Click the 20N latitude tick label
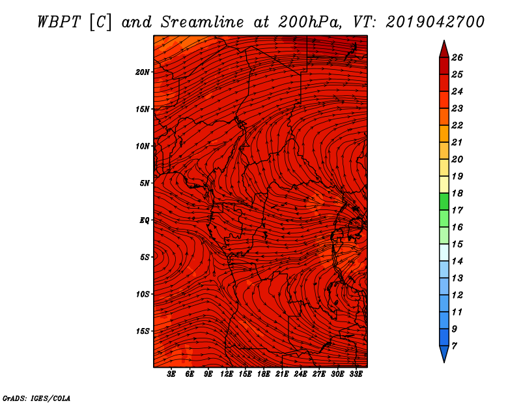point(143,72)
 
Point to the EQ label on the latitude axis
point(144,220)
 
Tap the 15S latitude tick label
point(143,331)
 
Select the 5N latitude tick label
point(145,183)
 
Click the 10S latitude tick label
point(143,294)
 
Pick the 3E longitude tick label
point(171,374)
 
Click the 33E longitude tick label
point(356,374)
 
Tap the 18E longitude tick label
point(264,374)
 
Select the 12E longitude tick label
point(227,374)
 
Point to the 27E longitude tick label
point(319,374)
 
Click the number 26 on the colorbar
point(457,57)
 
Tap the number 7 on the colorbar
point(454,346)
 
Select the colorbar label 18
point(457,193)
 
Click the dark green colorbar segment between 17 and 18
point(444,201)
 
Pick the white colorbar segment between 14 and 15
point(444,252)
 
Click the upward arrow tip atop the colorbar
point(444,41)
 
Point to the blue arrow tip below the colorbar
point(444,362)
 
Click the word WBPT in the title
point(59,22)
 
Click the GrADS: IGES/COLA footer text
point(36,398)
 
